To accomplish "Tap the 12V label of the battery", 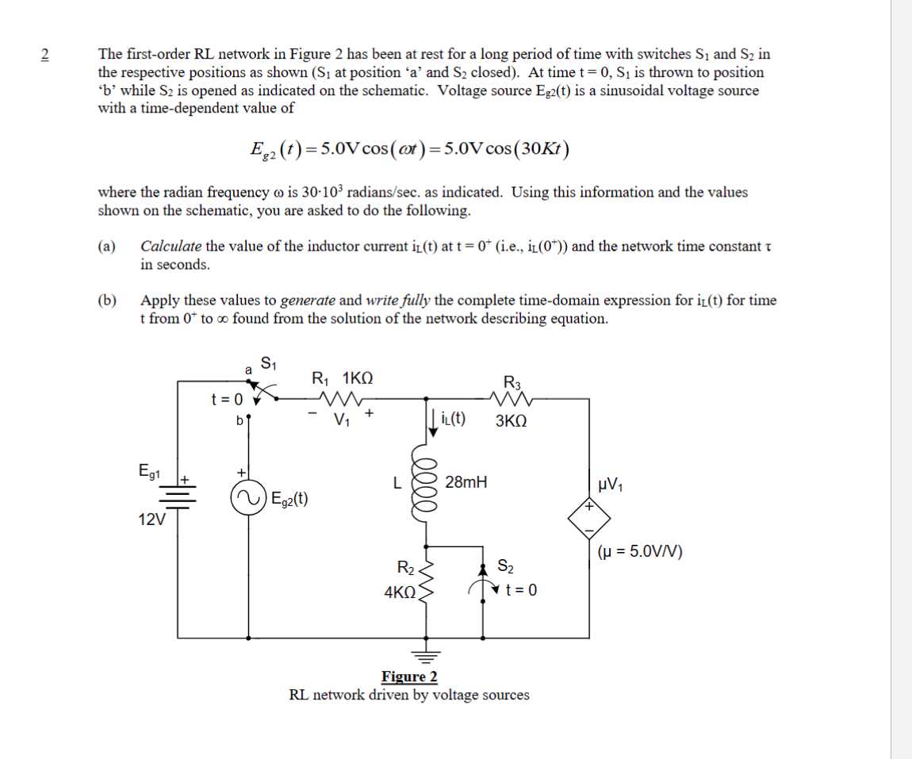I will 151,519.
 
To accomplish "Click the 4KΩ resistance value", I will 400,592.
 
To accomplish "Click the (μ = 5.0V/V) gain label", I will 641,551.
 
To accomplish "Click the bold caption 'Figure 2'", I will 409,677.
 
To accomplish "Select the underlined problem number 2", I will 44,55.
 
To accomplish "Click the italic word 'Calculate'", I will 171,246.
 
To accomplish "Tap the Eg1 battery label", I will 149,473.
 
